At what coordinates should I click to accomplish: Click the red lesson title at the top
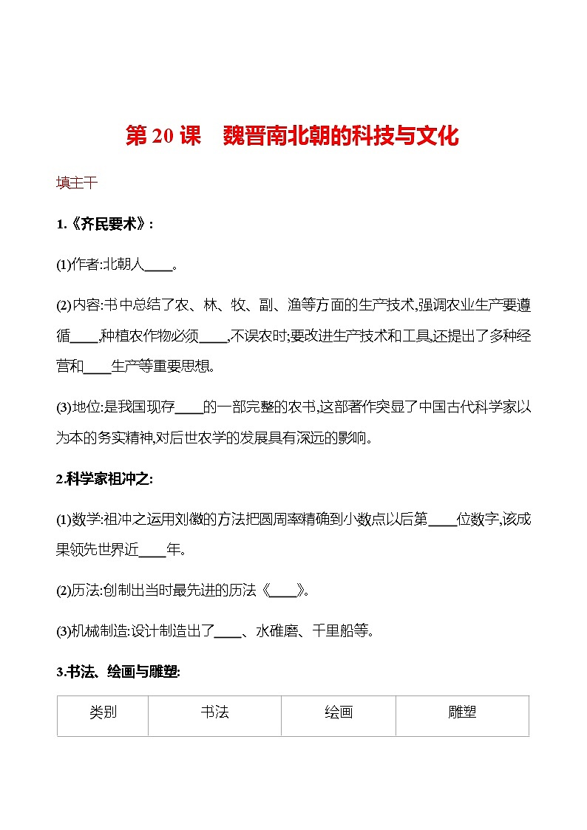293,136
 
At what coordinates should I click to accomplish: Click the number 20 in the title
162,137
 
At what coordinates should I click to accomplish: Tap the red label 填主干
77,183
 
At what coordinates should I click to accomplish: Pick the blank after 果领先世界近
153,550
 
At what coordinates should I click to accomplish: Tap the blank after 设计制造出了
227,631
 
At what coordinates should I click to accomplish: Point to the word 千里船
335,631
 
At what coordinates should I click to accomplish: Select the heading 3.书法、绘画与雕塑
118,672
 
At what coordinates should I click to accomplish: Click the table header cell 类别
103,712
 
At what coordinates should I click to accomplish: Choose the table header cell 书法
214,712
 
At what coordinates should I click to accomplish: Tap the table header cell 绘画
339,712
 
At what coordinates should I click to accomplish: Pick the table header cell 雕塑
462,712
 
